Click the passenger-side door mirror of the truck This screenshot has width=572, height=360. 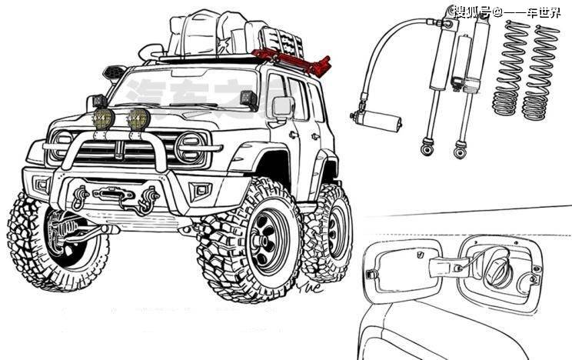(283, 107)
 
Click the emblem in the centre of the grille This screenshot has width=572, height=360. (119, 149)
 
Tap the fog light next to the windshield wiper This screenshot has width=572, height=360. (138, 118)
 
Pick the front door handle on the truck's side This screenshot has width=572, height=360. (294, 135)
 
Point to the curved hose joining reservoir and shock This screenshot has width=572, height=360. (384, 46)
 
